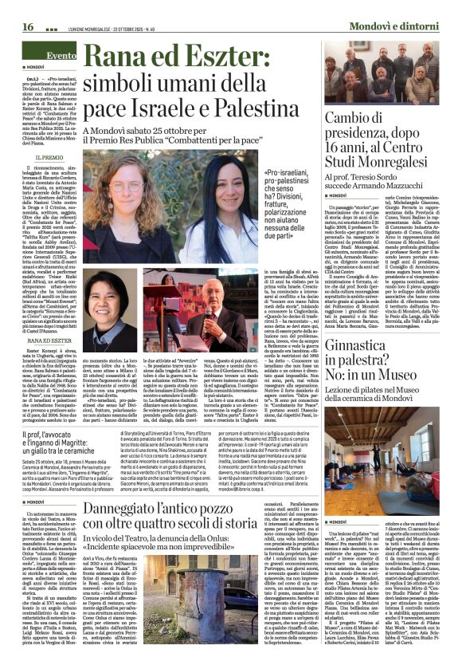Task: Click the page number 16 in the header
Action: pos(28,26)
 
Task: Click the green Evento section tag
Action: pos(61,56)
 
